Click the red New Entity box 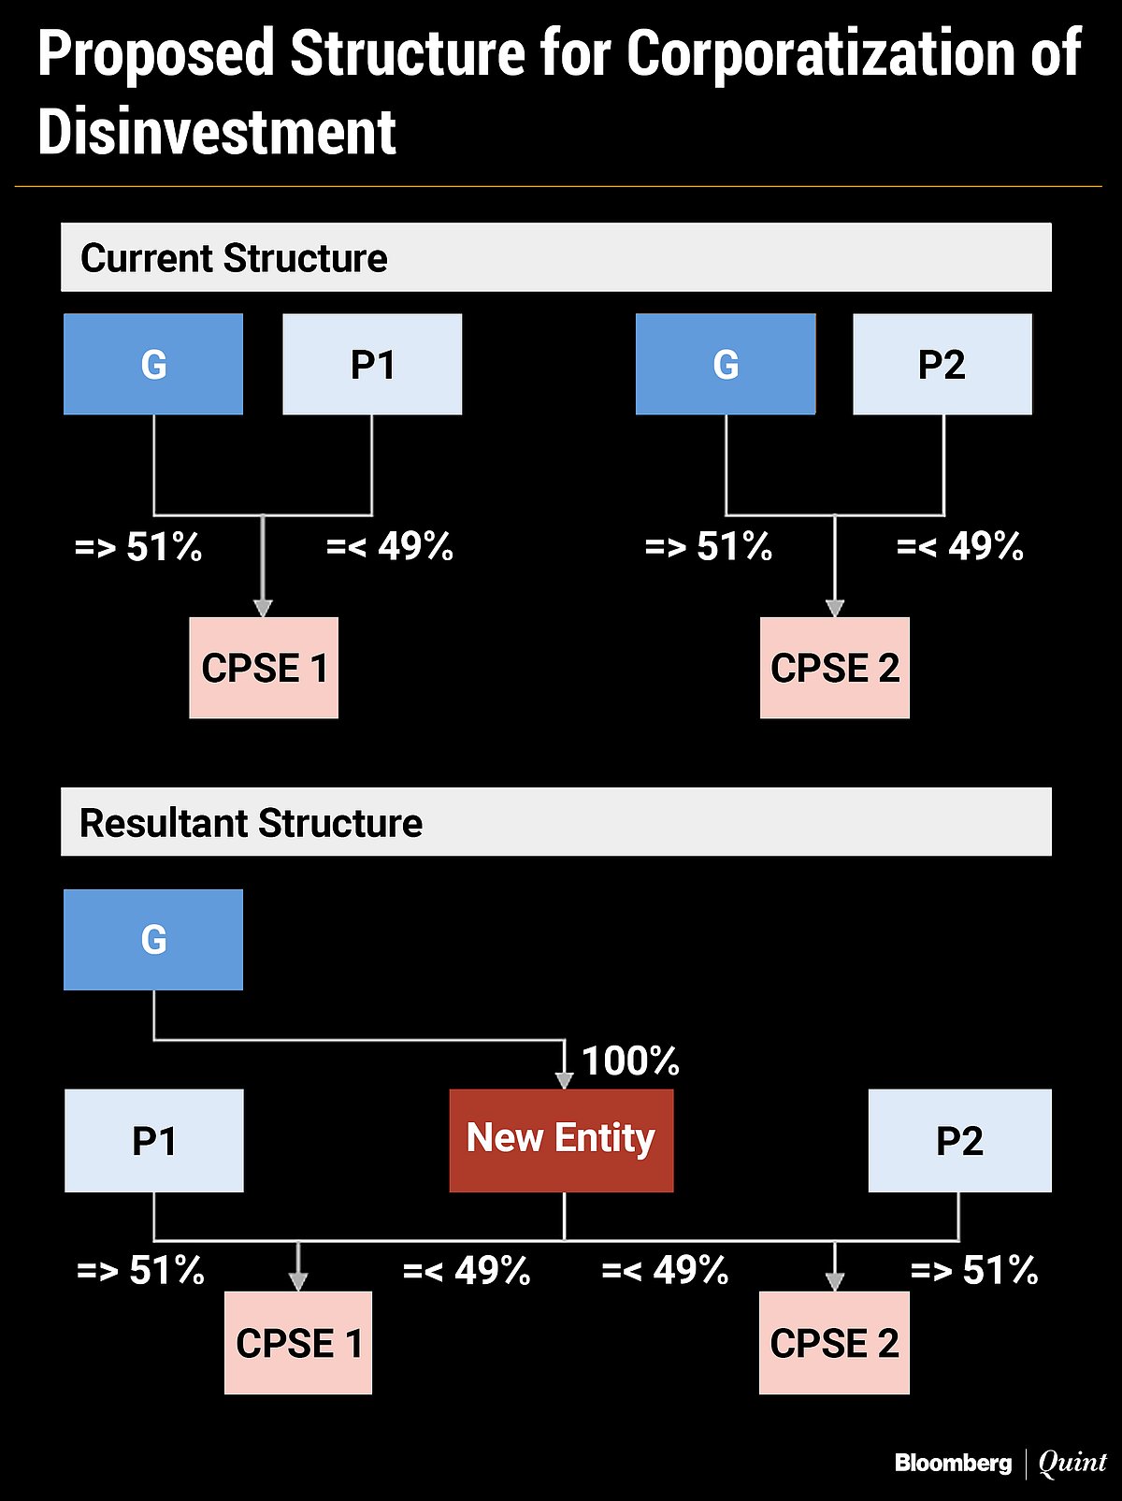[x=561, y=1140]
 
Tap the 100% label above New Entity [x=630, y=1061]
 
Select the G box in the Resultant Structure [x=153, y=939]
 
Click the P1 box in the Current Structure [x=372, y=364]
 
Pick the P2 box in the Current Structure [x=942, y=364]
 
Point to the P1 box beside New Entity [x=154, y=1140]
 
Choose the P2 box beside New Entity [x=959, y=1140]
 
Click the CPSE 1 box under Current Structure [x=264, y=668]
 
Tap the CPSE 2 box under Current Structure [x=834, y=668]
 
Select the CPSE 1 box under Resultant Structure [x=298, y=1343]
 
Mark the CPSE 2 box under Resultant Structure [x=834, y=1343]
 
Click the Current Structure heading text [x=234, y=258]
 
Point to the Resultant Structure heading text [x=251, y=823]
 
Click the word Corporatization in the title [x=820, y=53]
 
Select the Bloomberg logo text [x=953, y=1463]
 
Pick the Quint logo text [x=1072, y=1463]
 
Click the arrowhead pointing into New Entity [x=564, y=1080]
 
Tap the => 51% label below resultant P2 [x=974, y=1270]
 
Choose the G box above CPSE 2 [x=726, y=364]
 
